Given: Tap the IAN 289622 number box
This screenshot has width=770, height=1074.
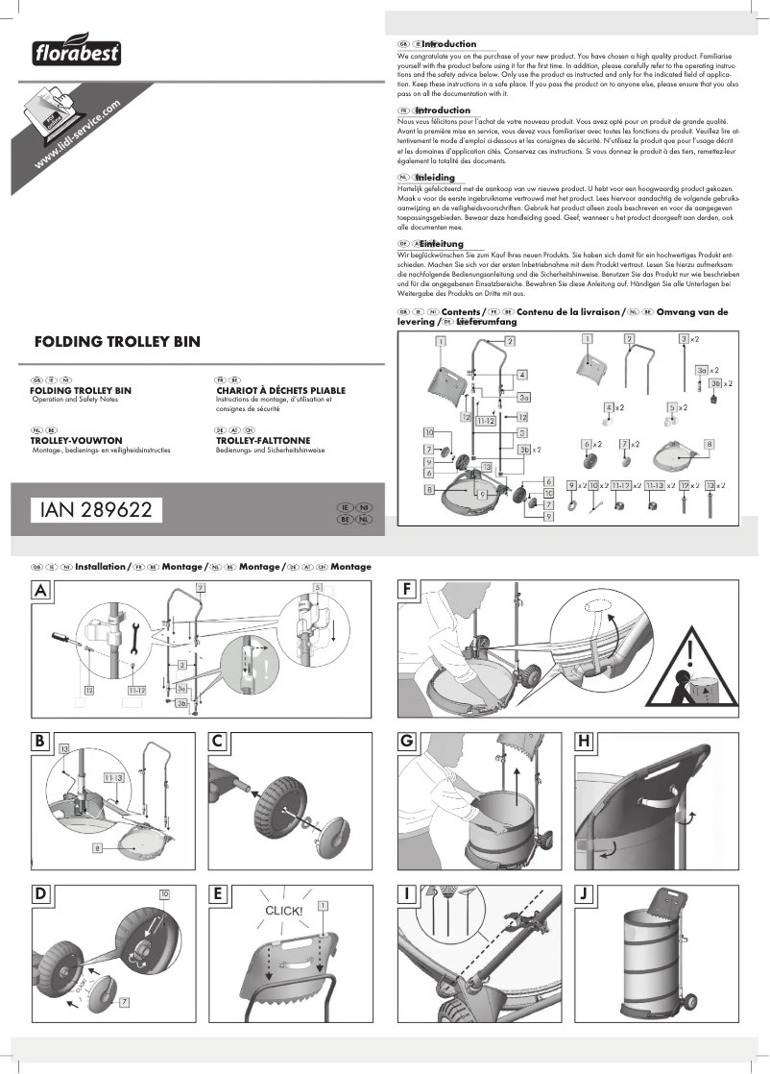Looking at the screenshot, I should (96, 510).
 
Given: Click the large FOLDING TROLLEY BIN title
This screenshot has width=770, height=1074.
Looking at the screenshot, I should (117, 341).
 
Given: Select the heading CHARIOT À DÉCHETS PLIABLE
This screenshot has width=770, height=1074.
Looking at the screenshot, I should (280, 390).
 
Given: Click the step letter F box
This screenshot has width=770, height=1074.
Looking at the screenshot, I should (410, 591).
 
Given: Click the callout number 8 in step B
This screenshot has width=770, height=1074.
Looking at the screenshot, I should (97, 848).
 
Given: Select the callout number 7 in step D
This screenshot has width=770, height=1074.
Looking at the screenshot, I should (125, 1002).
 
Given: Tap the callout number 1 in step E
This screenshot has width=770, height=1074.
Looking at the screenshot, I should (324, 905).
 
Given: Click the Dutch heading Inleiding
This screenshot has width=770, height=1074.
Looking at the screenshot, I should (435, 178).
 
